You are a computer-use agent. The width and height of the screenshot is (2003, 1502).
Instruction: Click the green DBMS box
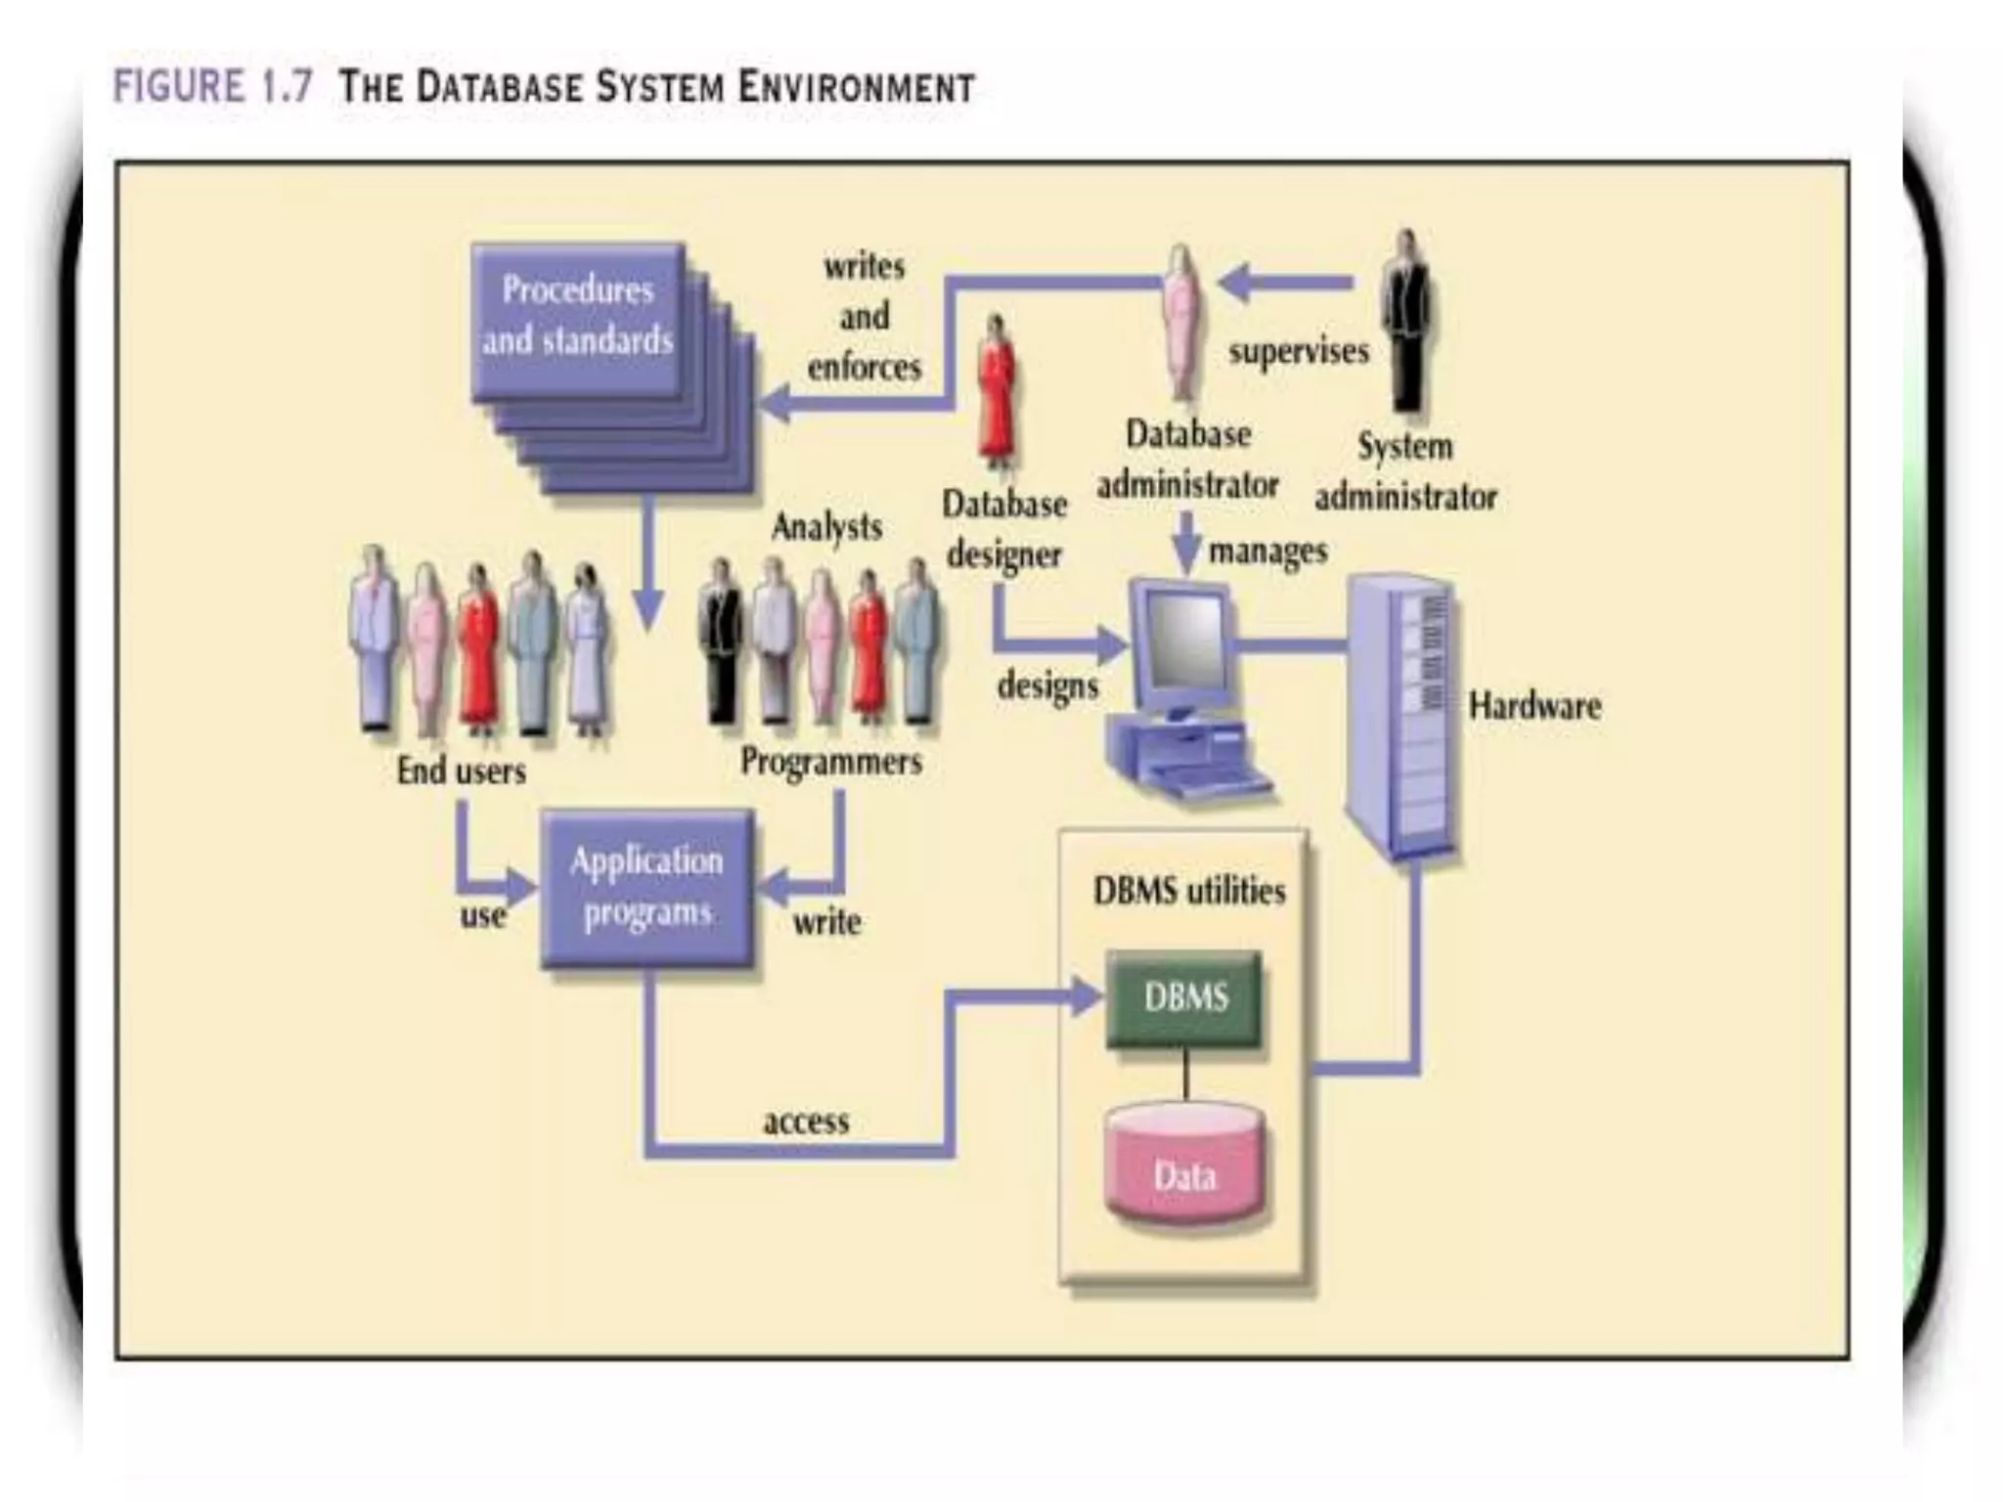[x=1183, y=998]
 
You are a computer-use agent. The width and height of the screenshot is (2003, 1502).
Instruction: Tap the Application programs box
[x=646, y=887]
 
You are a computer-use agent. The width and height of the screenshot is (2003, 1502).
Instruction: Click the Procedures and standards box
[x=577, y=318]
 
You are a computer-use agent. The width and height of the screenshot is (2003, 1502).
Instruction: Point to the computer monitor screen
[x=1184, y=641]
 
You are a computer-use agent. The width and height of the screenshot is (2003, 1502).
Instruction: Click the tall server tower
[x=1402, y=719]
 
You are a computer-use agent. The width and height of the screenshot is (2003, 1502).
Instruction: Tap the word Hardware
[x=1534, y=706]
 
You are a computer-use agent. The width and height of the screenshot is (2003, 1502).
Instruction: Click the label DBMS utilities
[x=1188, y=891]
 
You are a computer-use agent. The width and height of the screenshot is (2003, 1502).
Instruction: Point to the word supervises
[x=1298, y=351]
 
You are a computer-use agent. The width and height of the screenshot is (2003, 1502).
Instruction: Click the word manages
[x=1268, y=552]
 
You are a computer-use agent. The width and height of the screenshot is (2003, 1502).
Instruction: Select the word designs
[x=1047, y=685]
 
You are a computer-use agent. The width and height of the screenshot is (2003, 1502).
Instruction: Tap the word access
[x=806, y=1121]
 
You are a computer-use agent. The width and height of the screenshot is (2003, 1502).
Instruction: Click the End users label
[x=461, y=771]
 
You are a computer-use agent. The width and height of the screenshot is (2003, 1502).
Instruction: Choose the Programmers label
[x=830, y=761]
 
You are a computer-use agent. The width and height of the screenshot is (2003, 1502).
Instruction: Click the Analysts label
[x=826, y=527]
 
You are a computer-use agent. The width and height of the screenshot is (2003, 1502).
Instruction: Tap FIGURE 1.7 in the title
[x=213, y=86]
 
